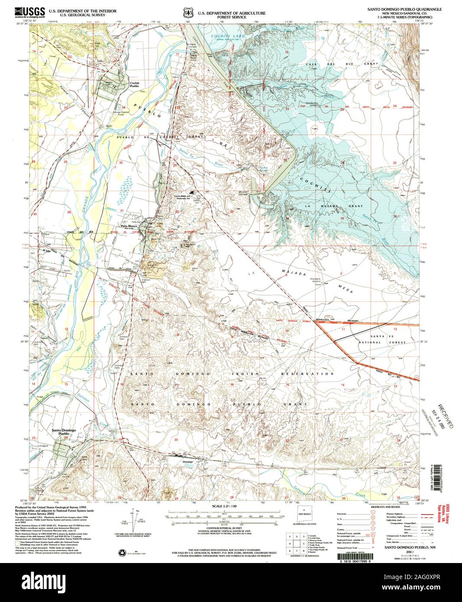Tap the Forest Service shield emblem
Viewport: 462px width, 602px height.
click(187, 12)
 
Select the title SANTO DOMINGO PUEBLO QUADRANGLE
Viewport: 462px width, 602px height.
click(405, 8)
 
